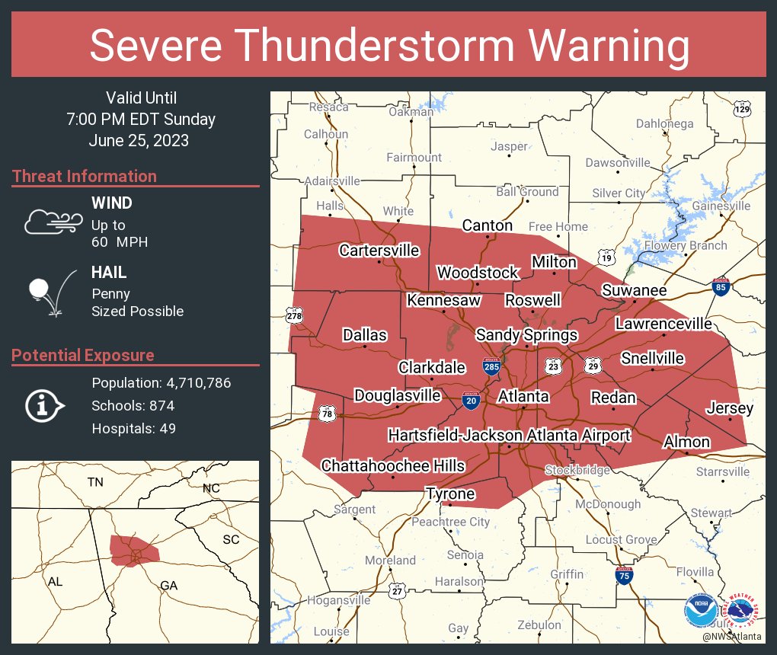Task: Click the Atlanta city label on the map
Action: [523, 397]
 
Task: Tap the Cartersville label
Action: [379, 251]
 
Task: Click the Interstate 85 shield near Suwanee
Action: [720, 286]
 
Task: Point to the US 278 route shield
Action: [294, 315]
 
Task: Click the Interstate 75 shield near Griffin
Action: [624, 575]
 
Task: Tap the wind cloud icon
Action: [52, 222]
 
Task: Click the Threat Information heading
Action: [85, 177]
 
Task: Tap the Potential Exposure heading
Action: [83, 356]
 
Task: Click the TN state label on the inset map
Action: [94, 482]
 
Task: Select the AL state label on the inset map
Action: [55, 582]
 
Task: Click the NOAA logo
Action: [700, 610]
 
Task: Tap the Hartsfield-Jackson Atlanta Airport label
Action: [509, 436]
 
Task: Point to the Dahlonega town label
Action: [664, 123]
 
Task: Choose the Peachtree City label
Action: [450, 522]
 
